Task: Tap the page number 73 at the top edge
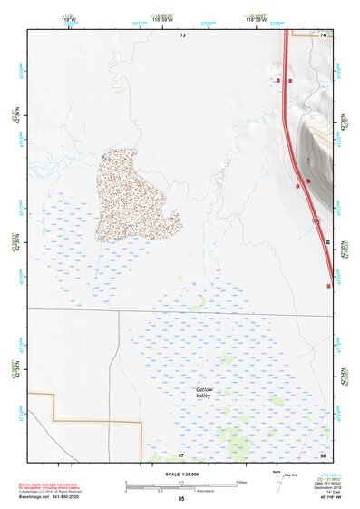click(x=182, y=34)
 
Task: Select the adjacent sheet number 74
click(x=323, y=34)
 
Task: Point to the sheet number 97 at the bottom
click(x=181, y=454)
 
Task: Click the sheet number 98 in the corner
click(x=322, y=454)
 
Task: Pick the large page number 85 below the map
click(x=181, y=499)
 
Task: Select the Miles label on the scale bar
click(x=241, y=482)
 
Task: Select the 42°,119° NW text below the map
click(x=323, y=496)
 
